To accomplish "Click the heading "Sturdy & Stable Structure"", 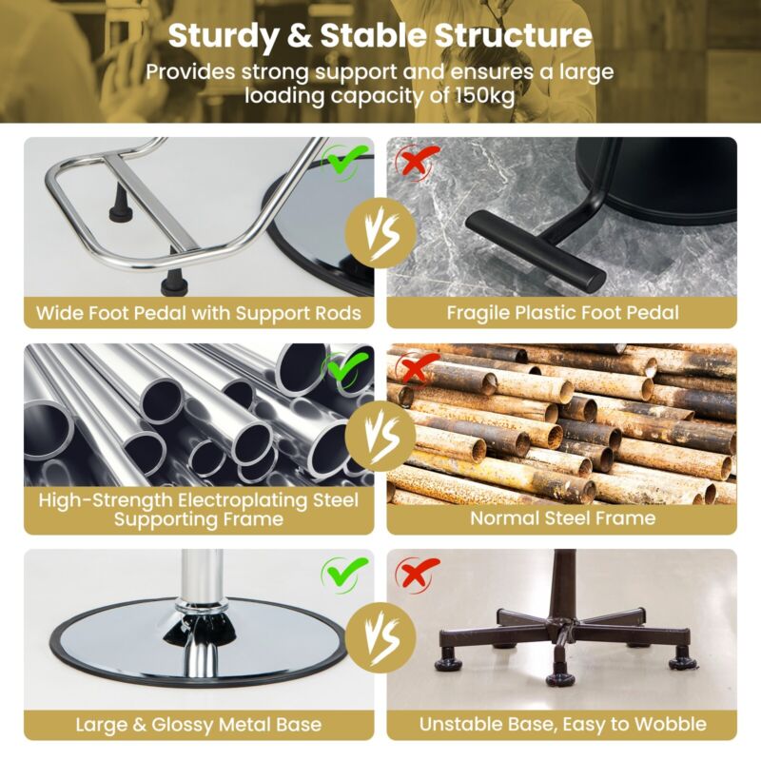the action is [x=380, y=36].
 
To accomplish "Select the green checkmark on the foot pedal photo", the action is [x=345, y=161].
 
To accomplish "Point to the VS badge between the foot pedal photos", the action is [x=380, y=232].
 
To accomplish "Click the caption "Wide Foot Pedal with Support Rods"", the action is [x=199, y=313].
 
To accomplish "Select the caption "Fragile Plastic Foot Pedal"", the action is [x=562, y=313].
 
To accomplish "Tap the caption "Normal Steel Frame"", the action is [x=562, y=518].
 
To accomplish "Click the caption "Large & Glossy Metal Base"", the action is [x=199, y=725].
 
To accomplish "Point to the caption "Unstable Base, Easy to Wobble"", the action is [x=562, y=724].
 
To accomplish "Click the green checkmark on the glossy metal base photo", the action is [x=345, y=574].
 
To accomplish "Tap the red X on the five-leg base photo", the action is [x=417, y=573].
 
